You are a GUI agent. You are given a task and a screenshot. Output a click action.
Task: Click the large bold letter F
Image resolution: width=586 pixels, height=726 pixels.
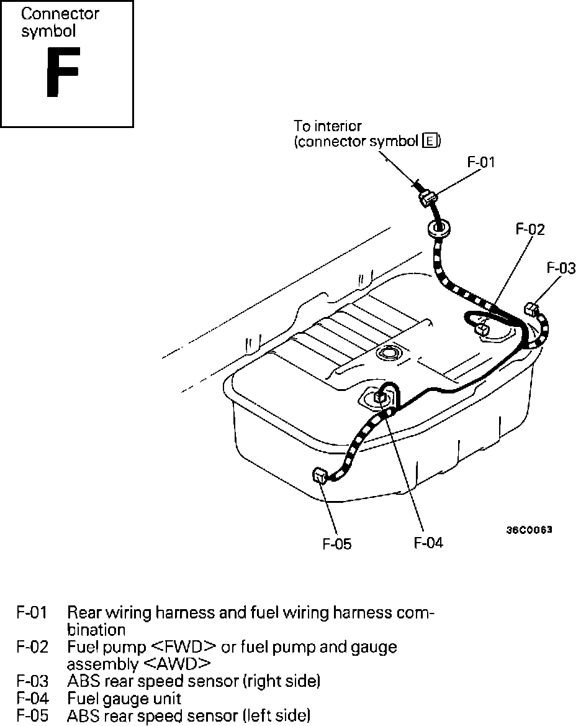[x=63, y=71]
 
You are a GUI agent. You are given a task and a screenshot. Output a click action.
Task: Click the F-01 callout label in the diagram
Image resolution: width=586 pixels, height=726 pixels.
[x=481, y=162]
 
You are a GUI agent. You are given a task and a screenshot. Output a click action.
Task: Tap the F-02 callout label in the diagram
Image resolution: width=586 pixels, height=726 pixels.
[x=530, y=229]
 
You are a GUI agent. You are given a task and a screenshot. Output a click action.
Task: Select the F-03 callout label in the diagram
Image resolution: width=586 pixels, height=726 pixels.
[x=561, y=268]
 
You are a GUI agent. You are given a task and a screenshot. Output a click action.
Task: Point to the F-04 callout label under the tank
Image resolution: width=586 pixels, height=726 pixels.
[x=428, y=542]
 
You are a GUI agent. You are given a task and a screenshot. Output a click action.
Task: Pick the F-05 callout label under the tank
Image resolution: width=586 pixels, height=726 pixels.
[x=336, y=544]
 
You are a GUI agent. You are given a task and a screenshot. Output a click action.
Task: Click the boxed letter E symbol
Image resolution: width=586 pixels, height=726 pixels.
[x=430, y=140]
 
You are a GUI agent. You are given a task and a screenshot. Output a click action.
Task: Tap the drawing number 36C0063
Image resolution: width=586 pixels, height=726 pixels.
[x=529, y=530]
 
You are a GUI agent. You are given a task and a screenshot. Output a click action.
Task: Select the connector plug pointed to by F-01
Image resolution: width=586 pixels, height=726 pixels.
[x=427, y=198]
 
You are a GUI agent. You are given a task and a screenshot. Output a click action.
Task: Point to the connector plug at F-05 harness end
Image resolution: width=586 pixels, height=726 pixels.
[x=320, y=476]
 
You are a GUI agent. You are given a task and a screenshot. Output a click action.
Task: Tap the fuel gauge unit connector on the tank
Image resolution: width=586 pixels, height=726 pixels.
[x=381, y=397]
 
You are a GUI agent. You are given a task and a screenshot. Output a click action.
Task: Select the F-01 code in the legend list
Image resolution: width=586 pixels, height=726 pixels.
[x=32, y=612]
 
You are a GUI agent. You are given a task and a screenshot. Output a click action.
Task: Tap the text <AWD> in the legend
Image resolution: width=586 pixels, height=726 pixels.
[x=177, y=664]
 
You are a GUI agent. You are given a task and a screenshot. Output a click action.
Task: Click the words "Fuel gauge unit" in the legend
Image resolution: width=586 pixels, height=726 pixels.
[x=124, y=698]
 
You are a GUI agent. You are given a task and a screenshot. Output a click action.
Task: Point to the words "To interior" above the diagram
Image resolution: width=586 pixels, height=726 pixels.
[x=328, y=126]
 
